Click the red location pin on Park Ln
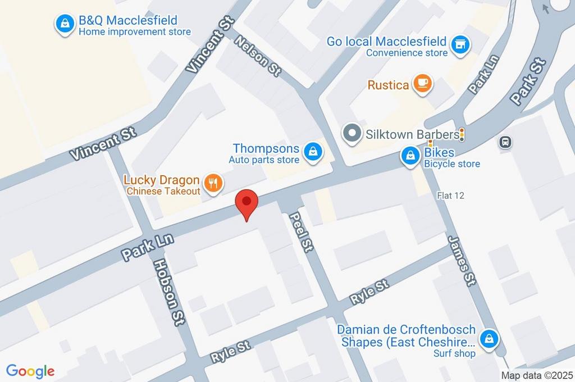point(246,202)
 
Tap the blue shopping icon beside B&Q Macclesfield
point(65,24)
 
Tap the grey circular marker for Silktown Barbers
point(353,134)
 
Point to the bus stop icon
point(505,142)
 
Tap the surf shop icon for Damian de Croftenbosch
point(490,339)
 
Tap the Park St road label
point(528,81)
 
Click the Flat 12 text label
point(451,195)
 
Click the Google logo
point(30,371)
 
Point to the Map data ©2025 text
point(537,375)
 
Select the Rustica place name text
point(388,85)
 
